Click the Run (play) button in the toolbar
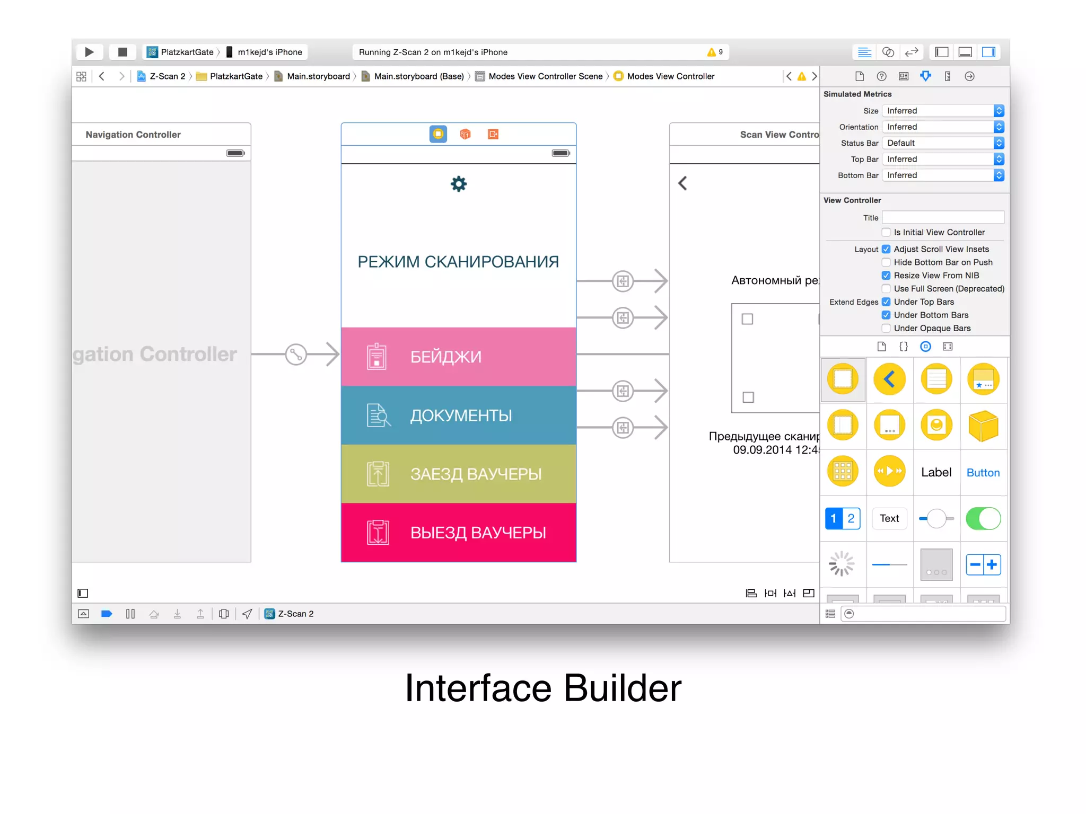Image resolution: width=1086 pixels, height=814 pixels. point(89,52)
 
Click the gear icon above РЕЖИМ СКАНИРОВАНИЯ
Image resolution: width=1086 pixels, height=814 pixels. point(458,184)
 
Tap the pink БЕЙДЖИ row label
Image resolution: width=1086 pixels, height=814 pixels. point(445,357)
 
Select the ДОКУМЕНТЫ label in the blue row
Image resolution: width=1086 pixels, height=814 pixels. point(461,415)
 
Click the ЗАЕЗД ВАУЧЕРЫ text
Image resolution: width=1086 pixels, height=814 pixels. point(476,474)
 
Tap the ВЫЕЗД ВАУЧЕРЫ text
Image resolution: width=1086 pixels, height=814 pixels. point(478,533)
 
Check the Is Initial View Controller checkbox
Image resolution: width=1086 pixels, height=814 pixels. point(886,233)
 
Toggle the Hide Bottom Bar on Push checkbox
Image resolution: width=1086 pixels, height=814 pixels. point(886,262)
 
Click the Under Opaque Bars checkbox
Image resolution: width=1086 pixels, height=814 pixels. point(886,329)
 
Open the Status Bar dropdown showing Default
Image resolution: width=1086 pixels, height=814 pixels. point(943,143)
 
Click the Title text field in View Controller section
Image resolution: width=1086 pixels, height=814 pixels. point(943,217)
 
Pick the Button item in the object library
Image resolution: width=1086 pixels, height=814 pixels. point(983,473)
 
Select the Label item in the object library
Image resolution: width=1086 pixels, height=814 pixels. point(936,472)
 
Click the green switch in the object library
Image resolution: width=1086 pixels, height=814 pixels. point(983,518)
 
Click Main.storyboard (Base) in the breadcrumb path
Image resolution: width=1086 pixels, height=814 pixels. point(418,76)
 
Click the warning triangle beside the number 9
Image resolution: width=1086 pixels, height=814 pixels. point(711,52)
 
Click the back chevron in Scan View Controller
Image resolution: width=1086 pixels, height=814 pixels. point(682,183)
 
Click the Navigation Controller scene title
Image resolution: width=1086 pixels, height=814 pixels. point(133,135)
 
